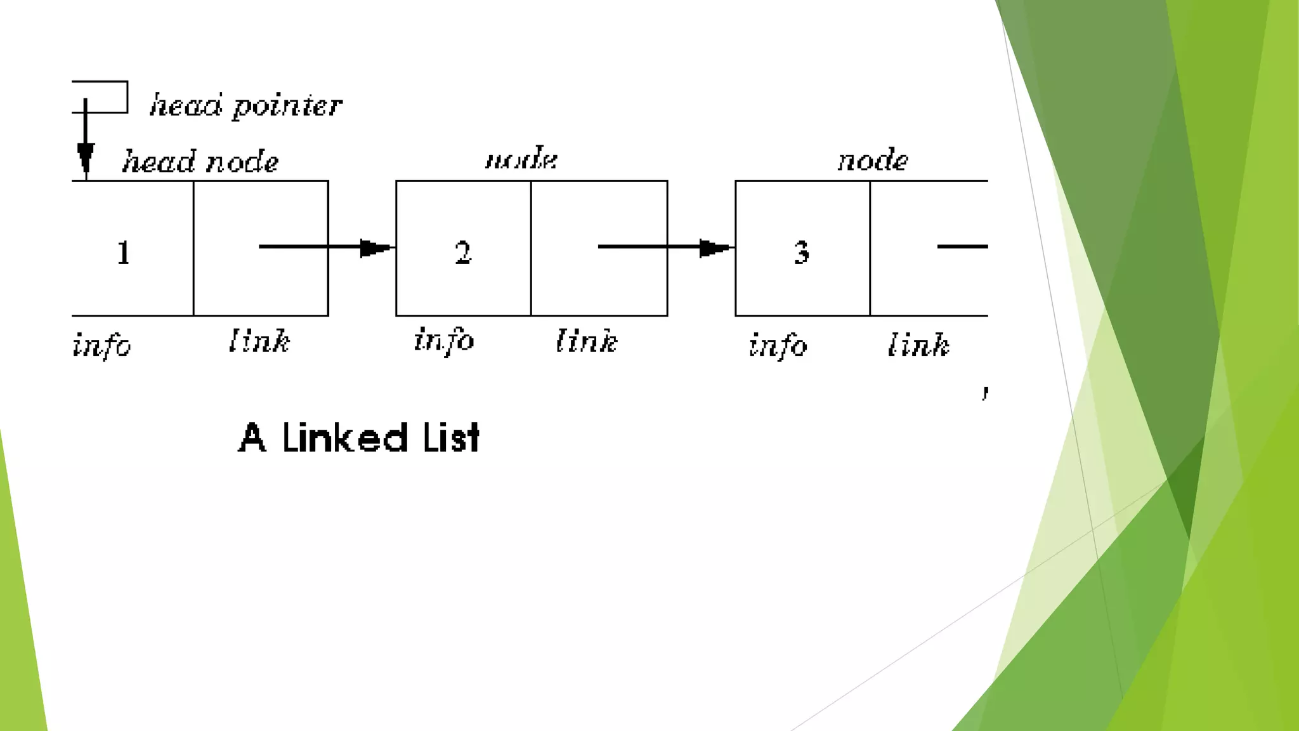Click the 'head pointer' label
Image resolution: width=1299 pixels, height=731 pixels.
click(x=246, y=105)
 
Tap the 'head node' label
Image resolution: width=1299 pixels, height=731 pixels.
click(x=200, y=161)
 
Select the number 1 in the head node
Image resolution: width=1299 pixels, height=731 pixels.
click(x=124, y=253)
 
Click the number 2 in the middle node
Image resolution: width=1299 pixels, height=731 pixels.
click(x=463, y=253)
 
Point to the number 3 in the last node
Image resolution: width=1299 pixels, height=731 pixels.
click(x=802, y=253)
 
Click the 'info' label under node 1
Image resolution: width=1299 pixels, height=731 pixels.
click(x=101, y=345)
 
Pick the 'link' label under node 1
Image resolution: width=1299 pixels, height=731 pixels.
click(x=259, y=341)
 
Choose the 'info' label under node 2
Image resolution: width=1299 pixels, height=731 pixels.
click(x=444, y=340)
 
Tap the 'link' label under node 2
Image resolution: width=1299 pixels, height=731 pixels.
click(x=587, y=341)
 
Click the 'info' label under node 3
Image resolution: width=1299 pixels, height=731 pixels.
click(x=778, y=345)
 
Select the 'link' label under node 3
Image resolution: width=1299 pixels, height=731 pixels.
click(x=918, y=345)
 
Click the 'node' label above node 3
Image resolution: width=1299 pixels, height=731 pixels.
click(x=873, y=160)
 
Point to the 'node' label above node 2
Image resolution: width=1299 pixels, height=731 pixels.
click(x=521, y=159)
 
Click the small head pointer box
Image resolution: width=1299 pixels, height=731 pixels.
click(x=101, y=97)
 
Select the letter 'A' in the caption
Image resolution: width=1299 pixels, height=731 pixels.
click(x=252, y=438)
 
